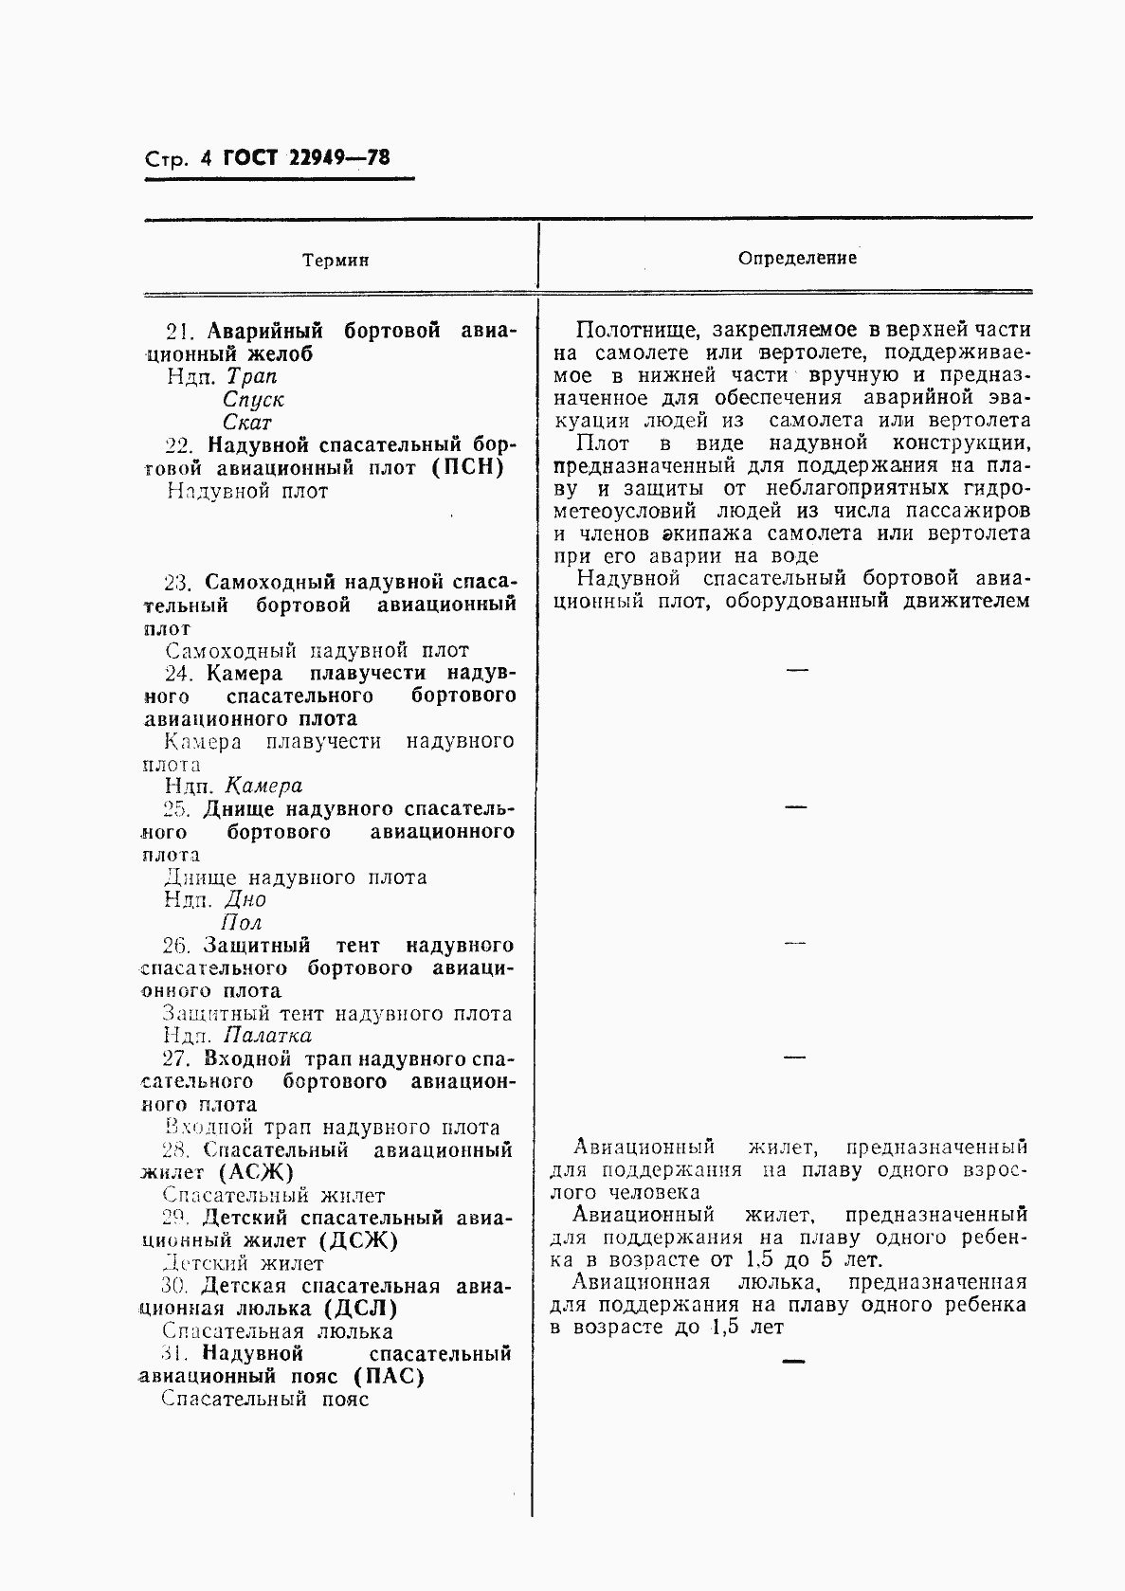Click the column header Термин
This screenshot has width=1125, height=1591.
click(336, 261)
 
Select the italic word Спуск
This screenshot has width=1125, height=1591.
click(253, 400)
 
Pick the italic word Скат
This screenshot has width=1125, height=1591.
click(246, 423)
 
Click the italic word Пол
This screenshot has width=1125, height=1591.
click(241, 922)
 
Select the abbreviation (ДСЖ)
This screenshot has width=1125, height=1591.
click(358, 1240)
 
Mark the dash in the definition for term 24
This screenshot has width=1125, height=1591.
click(797, 671)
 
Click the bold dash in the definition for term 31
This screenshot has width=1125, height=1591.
click(792, 1362)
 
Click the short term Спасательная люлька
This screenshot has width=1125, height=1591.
click(277, 1331)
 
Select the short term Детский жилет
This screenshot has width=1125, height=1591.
click(244, 1263)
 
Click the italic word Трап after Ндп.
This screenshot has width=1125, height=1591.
click(251, 377)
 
